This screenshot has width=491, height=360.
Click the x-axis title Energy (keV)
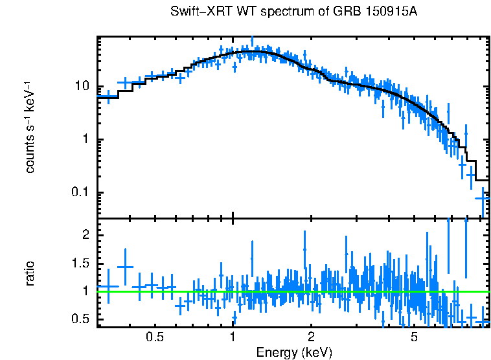[x=294, y=352]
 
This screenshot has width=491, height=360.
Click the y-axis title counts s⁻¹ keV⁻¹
[x=30, y=127]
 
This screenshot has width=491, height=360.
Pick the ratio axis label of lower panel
[x=30, y=273]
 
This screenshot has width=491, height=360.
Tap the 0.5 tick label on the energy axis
[x=154, y=337]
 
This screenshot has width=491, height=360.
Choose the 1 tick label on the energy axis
[x=233, y=337]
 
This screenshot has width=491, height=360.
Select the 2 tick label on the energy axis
[x=311, y=337]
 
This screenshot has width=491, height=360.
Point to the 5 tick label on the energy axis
[x=415, y=337]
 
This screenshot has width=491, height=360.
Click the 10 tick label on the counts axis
[x=82, y=87]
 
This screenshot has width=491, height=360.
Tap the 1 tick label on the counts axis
[x=86, y=140]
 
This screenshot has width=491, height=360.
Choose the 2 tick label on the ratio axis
[x=86, y=235]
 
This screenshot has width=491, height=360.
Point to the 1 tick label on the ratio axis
[x=86, y=291]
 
